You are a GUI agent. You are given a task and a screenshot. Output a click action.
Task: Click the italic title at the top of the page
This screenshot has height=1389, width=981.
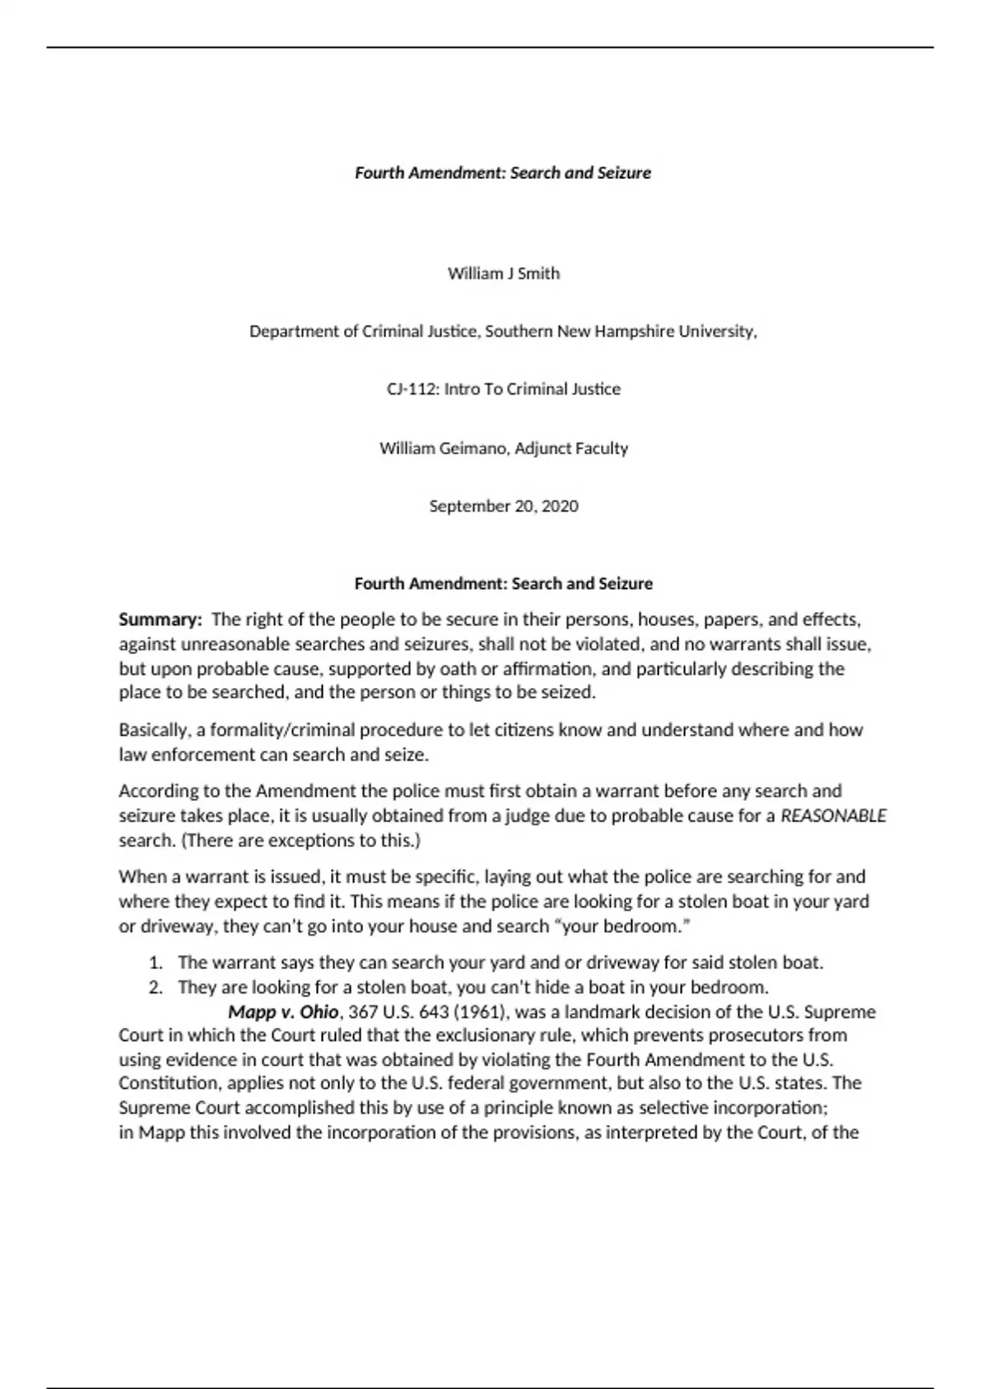point(503,173)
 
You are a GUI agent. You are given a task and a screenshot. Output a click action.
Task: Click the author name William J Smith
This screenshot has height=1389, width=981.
point(504,274)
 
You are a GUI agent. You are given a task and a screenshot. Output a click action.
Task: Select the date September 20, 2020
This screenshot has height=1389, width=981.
point(504,507)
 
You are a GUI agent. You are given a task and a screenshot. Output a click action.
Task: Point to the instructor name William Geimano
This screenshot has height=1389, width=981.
point(444,449)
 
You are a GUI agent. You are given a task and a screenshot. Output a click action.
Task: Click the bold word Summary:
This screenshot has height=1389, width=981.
point(160,619)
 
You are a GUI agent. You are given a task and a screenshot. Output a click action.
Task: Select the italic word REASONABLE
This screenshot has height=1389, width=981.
point(833,816)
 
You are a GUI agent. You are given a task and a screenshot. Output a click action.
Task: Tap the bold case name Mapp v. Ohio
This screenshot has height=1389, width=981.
point(283,1012)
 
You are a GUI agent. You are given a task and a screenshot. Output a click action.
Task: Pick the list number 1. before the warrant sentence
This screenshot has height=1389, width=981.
point(156,963)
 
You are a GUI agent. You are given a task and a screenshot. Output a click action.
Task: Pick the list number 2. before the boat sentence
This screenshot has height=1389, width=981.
point(156,988)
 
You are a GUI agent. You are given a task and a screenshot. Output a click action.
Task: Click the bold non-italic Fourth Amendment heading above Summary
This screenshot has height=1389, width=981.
point(503,584)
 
